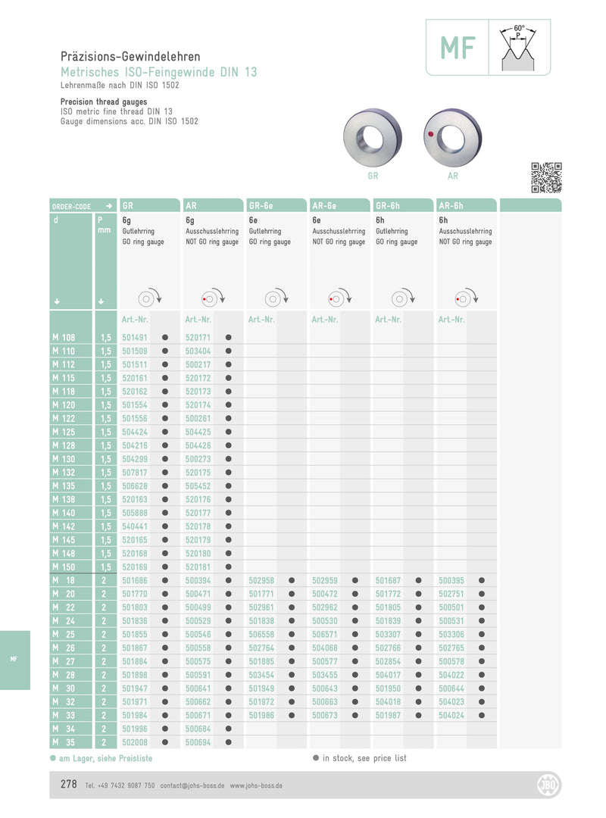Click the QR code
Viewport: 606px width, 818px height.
(x=546, y=177)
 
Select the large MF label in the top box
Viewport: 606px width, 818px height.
(x=458, y=48)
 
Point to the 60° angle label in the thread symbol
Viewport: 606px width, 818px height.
(x=519, y=27)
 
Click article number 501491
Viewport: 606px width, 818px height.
(x=135, y=337)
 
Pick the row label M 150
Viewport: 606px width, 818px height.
(x=65, y=567)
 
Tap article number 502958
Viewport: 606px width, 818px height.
(x=261, y=580)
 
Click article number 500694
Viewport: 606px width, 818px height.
(x=198, y=742)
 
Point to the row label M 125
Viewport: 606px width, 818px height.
(x=65, y=432)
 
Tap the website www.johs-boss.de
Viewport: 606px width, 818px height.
(x=256, y=786)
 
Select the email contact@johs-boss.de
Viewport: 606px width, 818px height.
(x=192, y=786)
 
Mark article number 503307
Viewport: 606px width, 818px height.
(x=388, y=634)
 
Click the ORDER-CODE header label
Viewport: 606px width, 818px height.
(x=71, y=206)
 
